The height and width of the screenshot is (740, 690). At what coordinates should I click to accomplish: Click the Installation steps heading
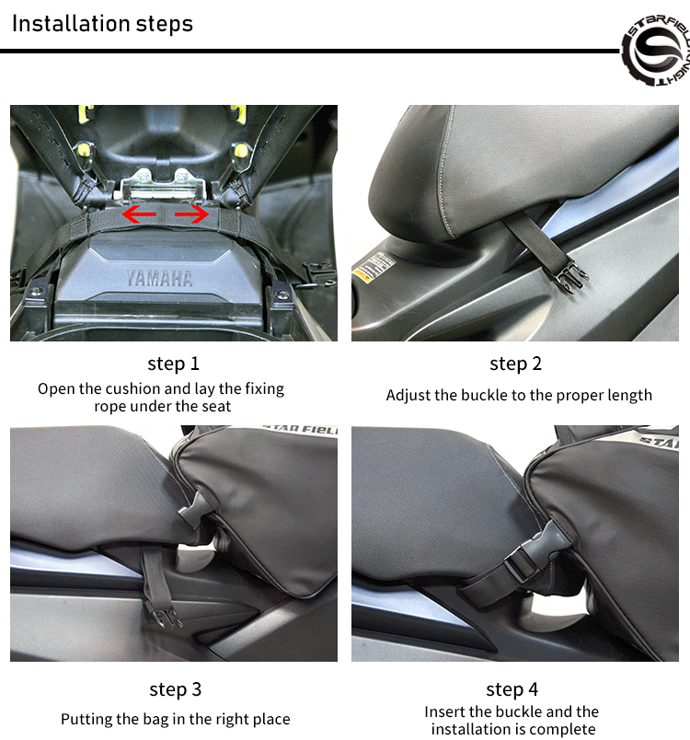[102, 24]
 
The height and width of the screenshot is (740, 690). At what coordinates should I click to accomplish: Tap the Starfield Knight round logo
[657, 51]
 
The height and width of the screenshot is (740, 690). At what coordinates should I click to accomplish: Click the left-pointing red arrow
[139, 214]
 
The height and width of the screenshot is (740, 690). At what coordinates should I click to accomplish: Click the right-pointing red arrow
[191, 214]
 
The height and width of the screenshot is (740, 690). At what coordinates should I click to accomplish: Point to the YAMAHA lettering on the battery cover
[159, 279]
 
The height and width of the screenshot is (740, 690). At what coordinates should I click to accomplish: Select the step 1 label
[174, 364]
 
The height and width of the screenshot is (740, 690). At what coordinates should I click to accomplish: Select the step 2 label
[515, 364]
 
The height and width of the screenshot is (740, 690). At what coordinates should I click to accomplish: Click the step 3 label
[176, 689]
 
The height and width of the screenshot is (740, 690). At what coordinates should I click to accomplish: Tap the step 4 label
[512, 689]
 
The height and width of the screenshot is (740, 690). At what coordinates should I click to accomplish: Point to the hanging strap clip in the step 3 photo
[164, 615]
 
